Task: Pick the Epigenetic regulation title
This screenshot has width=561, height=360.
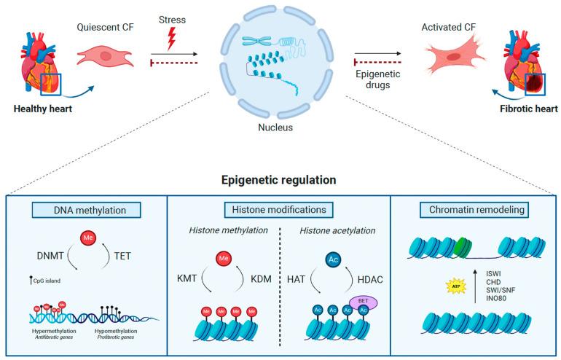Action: (x=280, y=179)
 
